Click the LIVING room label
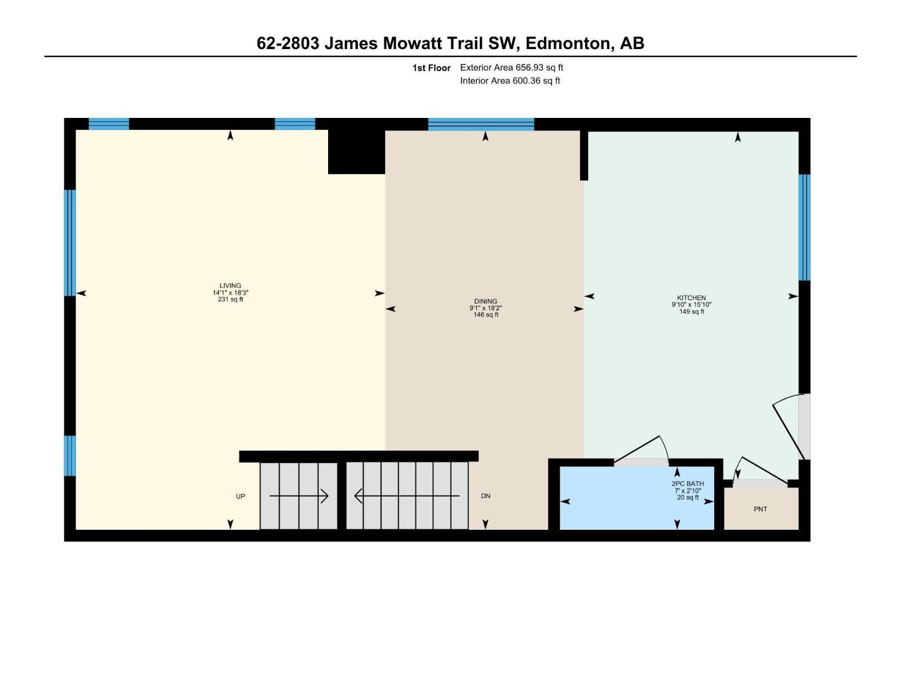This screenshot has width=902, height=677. (230, 285)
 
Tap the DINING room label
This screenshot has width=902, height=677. (485, 301)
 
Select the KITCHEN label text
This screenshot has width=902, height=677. (691, 298)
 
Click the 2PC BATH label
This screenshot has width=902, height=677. (687, 484)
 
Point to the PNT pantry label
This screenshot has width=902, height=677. (760, 509)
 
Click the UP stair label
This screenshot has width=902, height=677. (240, 496)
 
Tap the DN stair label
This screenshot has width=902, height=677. (485, 496)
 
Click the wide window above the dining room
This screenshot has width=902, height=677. (481, 124)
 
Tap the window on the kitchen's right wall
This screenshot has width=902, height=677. (804, 227)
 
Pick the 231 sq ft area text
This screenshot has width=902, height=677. (230, 300)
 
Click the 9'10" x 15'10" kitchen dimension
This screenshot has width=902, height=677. (691, 305)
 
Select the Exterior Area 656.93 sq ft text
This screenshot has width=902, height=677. (511, 68)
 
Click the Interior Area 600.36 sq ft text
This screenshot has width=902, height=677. (510, 81)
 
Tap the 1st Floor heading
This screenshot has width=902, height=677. (431, 68)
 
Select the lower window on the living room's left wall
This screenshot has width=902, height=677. (69, 455)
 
